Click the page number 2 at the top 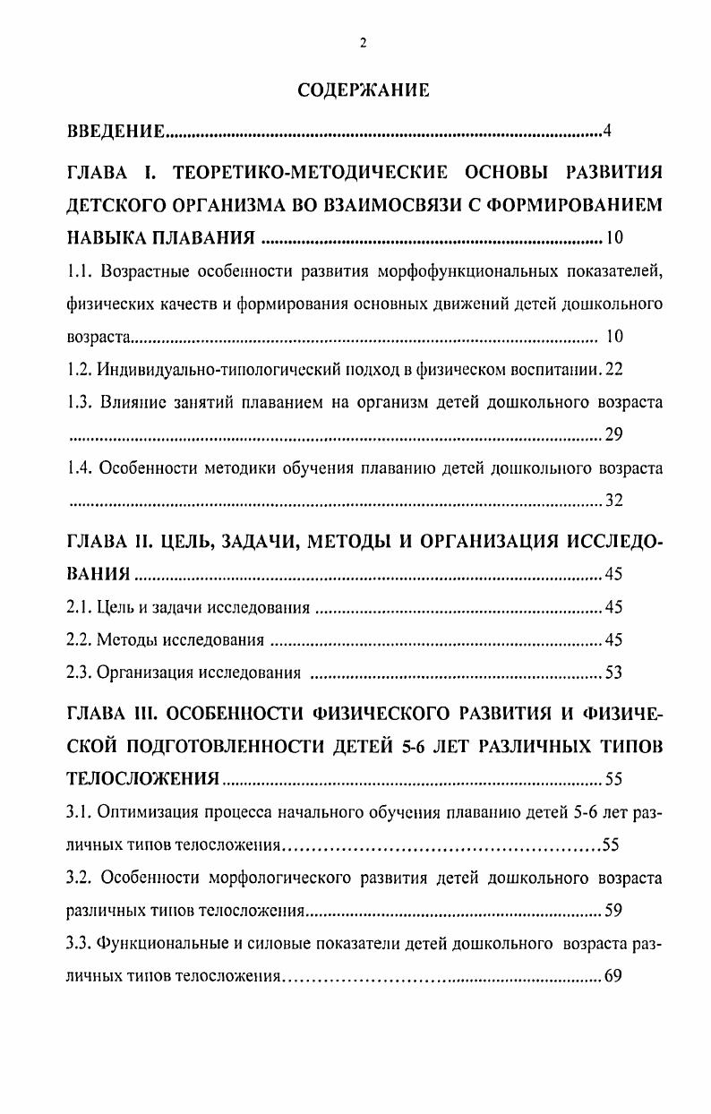(x=363, y=43)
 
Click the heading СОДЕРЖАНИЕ (x=363, y=90)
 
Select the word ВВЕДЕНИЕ (x=116, y=133)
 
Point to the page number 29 (x=613, y=435)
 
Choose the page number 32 (x=613, y=501)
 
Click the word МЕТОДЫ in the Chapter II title (x=328, y=542)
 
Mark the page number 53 (x=613, y=673)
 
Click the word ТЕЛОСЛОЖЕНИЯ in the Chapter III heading (x=143, y=779)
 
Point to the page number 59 (x=613, y=911)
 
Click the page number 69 (x=613, y=976)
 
